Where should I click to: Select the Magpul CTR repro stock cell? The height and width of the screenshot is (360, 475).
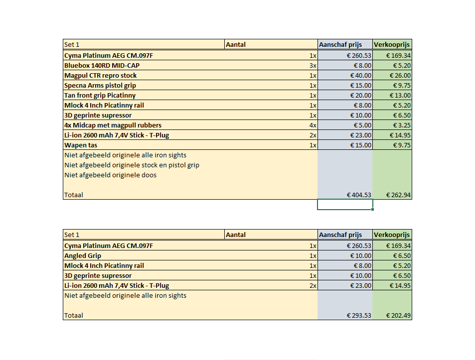[x=100, y=75]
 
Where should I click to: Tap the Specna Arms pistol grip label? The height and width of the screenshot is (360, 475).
[x=100, y=85]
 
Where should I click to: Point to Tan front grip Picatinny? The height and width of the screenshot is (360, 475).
[x=100, y=95]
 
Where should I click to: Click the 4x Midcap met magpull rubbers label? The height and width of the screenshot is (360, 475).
[x=113, y=125]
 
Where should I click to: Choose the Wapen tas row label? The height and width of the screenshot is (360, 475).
[x=81, y=145]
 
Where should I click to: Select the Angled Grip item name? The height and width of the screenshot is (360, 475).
[x=83, y=255]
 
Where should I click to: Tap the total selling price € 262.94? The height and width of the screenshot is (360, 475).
[x=398, y=195]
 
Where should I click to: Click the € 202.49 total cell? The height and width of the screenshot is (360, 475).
[x=398, y=315]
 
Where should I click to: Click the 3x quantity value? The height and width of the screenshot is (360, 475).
[x=313, y=65]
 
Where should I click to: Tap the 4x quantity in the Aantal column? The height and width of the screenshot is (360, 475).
[x=313, y=125]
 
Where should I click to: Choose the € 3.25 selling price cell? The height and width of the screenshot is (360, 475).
[x=401, y=125]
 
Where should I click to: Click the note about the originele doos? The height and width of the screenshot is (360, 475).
[x=110, y=175]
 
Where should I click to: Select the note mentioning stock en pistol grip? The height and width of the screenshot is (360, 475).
[x=132, y=165]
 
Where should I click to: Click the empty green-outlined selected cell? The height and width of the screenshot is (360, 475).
[x=345, y=205]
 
